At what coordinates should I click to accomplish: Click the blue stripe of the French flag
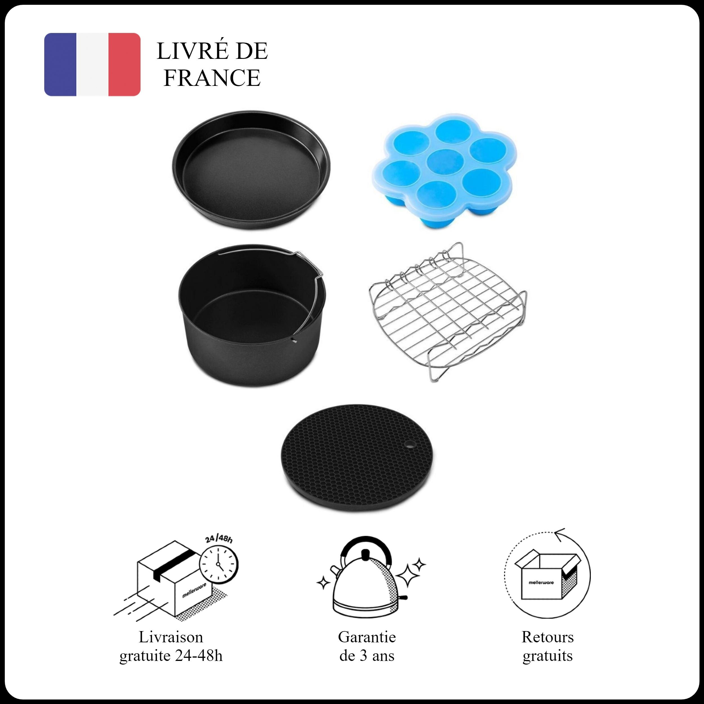(x=60, y=64)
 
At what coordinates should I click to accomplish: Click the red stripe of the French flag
(x=124, y=64)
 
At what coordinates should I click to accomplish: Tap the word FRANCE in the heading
(x=212, y=78)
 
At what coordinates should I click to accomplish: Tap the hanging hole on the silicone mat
(x=411, y=445)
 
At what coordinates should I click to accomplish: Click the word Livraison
(x=171, y=637)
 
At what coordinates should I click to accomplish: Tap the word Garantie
(x=367, y=637)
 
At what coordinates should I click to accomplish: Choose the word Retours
(x=548, y=637)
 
